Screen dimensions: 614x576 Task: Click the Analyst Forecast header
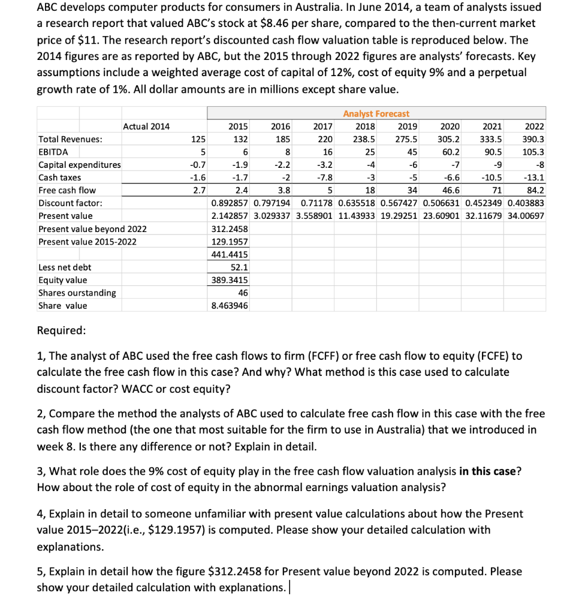[376, 113]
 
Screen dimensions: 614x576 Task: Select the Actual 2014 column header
[146, 127]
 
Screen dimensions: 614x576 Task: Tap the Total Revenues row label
[70, 139]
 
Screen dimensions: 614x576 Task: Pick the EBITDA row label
[53, 152]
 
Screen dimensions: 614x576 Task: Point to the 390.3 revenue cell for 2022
[533, 139]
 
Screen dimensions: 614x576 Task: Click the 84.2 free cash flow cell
[535, 190]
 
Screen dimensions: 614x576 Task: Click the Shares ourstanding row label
[77, 293]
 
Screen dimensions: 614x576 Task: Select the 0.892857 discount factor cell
[230, 203]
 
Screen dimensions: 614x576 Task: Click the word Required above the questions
[61, 330]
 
